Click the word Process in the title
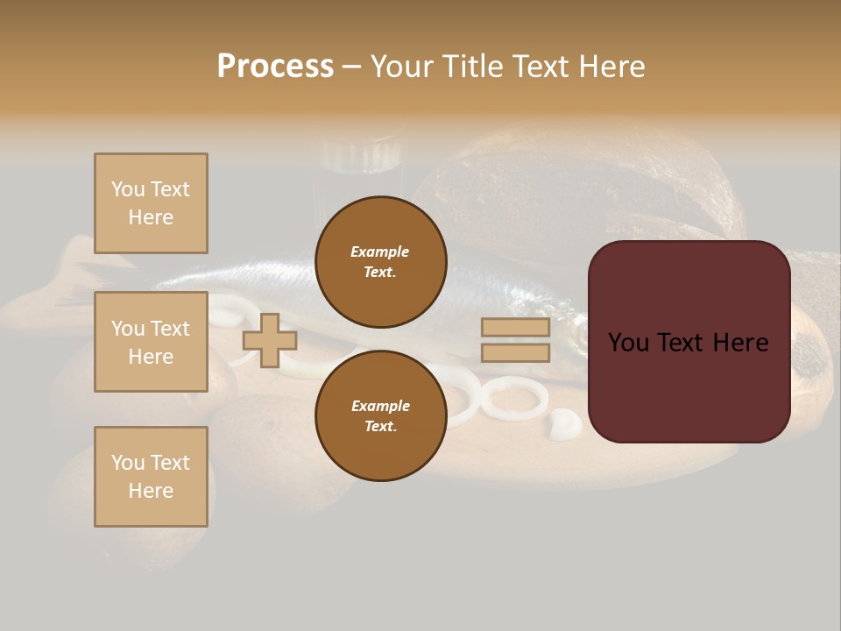[275, 66]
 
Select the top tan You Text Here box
[151, 203]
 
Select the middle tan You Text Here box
[151, 342]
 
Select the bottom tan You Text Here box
[151, 477]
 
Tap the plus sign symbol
[269, 340]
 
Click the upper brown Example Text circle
[380, 262]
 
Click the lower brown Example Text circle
[380, 416]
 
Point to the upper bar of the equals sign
[515, 328]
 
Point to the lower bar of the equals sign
[515, 352]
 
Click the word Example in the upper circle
[380, 252]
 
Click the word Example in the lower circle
[380, 406]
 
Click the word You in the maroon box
[627, 343]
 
